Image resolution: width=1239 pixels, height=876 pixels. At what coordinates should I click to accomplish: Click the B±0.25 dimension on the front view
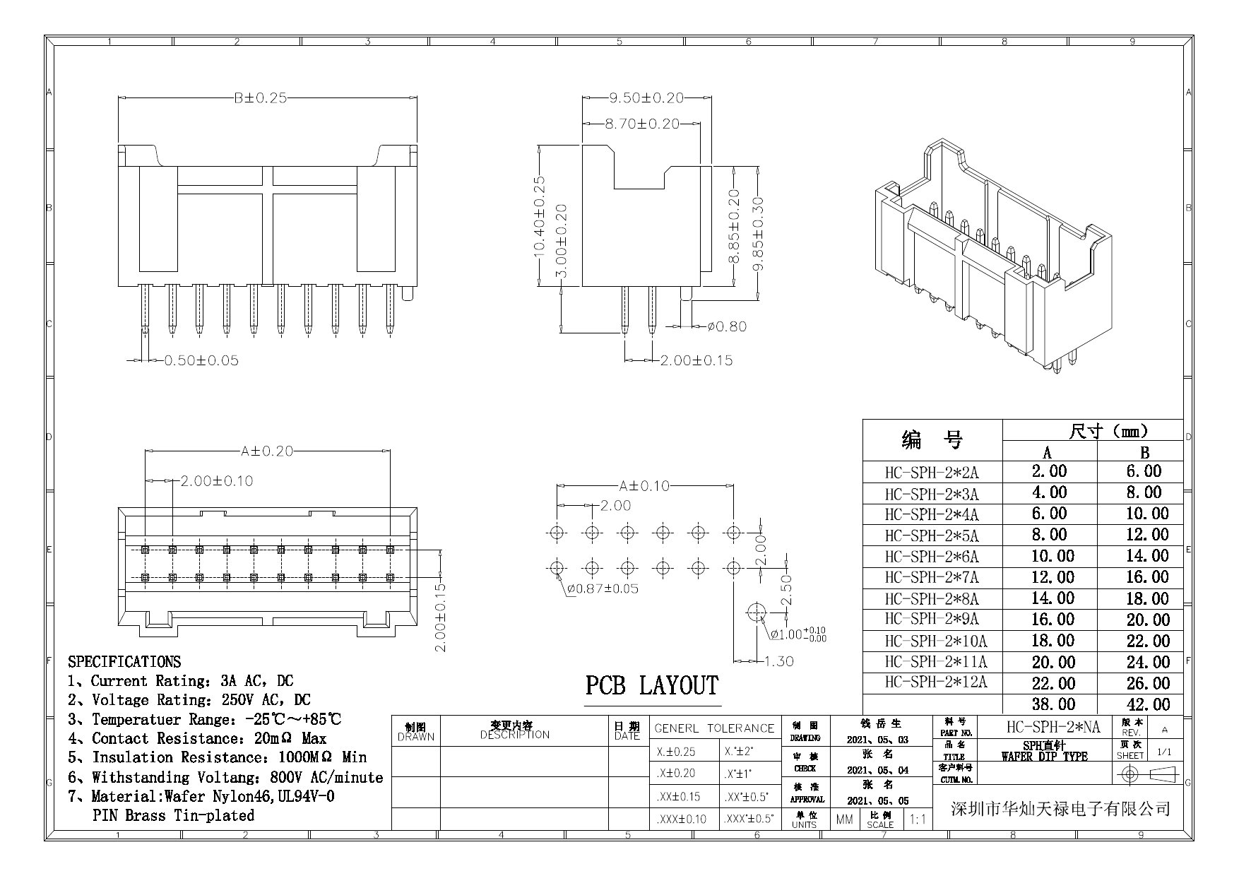(261, 97)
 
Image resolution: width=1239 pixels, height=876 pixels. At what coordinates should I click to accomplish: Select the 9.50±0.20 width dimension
(646, 97)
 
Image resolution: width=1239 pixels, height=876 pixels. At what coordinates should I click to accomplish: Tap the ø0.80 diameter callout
(727, 326)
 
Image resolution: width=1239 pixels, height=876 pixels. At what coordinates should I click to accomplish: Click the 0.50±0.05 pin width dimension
(201, 360)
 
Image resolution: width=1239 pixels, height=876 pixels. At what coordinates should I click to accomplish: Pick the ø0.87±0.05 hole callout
(602, 588)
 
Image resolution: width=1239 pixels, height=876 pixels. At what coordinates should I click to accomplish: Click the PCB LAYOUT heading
(651, 686)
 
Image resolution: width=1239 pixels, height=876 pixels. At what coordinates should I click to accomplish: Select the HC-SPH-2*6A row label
(932, 557)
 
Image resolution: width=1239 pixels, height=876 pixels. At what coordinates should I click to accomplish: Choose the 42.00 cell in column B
(1148, 704)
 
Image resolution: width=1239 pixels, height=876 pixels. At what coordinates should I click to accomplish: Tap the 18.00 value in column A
(1053, 641)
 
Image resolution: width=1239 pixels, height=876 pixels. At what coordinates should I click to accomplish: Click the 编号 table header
(932, 441)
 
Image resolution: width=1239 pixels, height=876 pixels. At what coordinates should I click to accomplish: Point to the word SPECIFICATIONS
(124, 662)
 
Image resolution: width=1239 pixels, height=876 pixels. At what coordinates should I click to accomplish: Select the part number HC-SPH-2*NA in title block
(1053, 727)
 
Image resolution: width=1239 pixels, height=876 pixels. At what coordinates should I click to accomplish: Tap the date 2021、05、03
(877, 740)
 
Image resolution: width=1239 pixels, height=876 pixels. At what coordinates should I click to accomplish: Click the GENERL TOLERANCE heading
(714, 728)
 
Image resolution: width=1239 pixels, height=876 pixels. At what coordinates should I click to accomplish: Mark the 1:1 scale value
(917, 819)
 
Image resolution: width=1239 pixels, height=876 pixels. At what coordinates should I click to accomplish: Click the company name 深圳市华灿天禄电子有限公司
(1060, 809)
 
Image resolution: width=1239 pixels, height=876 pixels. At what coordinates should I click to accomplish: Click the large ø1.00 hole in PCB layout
(757, 612)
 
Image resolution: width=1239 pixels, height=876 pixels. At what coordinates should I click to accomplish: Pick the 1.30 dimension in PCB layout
(779, 661)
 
